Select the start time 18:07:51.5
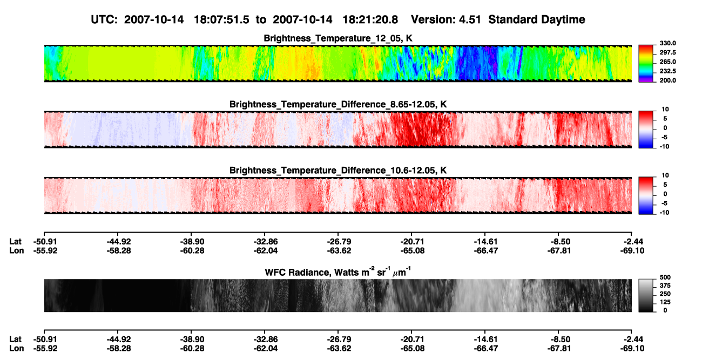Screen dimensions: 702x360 click(221, 19)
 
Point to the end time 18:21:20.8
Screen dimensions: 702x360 click(370, 19)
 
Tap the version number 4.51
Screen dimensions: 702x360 click(468, 19)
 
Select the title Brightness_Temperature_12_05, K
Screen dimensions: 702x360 click(338, 38)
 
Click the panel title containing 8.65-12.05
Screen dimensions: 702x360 click(338, 104)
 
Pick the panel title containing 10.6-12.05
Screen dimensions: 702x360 click(338, 171)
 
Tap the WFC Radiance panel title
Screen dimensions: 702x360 click(338, 271)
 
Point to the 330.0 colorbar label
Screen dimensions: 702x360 click(667, 43)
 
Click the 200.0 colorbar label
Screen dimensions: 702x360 click(667, 80)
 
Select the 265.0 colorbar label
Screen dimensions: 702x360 click(667, 62)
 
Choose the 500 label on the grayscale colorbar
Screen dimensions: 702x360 click(665, 277)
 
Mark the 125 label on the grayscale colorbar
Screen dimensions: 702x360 click(665, 302)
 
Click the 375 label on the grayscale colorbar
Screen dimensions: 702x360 click(665, 286)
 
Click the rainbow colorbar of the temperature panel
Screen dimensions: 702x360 click(646, 64)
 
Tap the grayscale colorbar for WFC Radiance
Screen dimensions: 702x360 click(646, 295)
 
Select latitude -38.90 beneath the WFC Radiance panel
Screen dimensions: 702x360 click(192, 339)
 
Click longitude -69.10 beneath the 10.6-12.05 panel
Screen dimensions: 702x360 click(632, 250)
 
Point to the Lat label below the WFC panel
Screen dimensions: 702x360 click(15, 339)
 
